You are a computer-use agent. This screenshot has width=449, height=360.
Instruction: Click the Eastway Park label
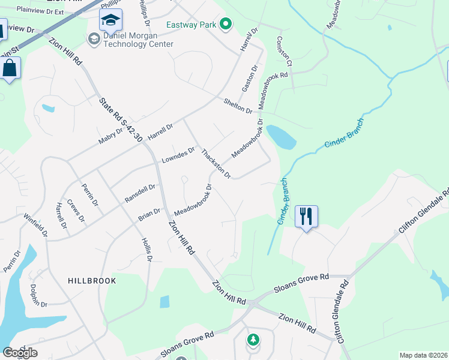pyautogui.click(x=191, y=25)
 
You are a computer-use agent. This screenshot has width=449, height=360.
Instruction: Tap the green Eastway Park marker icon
pyautogui.click(x=226, y=25)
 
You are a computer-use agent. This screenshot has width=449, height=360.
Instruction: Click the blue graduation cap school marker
pyautogui.click(x=110, y=22)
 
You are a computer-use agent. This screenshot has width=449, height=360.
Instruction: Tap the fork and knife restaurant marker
pyautogui.click(x=306, y=217)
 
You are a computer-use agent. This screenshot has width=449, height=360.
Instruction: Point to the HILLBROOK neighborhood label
pyautogui.click(x=92, y=281)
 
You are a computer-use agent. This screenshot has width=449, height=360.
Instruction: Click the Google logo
pyautogui.click(x=19, y=353)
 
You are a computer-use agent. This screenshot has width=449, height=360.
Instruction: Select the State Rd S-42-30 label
pyautogui.click(x=121, y=120)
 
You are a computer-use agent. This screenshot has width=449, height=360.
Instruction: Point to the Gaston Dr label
pyautogui.click(x=249, y=80)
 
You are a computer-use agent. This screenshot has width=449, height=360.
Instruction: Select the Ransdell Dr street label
pyautogui.click(x=140, y=193)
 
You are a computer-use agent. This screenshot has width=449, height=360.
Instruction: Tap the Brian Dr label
pyautogui.click(x=149, y=214)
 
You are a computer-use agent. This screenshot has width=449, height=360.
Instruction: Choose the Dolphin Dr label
pyautogui.click(x=38, y=296)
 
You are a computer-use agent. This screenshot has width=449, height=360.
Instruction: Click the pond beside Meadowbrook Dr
pyautogui.click(x=282, y=137)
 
